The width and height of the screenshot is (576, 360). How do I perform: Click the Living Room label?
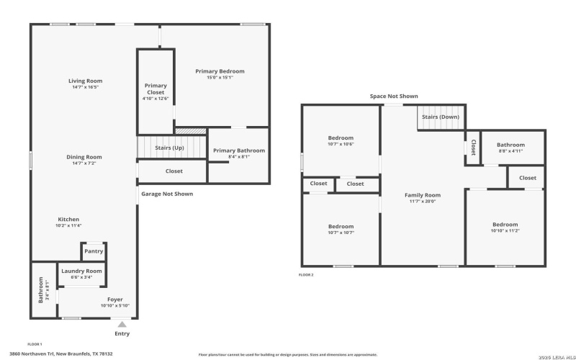click(x=85, y=81)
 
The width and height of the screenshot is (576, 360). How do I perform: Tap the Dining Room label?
click(x=85, y=157)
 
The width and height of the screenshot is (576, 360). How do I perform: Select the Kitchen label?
click(x=69, y=220)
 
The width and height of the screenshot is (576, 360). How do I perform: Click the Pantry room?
click(x=94, y=251)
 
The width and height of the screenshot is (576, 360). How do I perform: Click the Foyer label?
click(x=114, y=299)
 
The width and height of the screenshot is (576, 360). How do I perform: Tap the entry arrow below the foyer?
click(x=122, y=325)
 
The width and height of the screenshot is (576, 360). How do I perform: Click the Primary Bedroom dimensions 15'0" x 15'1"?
click(x=220, y=78)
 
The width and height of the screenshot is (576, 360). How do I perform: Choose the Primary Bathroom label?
click(x=239, y=150)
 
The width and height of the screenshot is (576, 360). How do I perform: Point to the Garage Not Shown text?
click(x=166, y=194)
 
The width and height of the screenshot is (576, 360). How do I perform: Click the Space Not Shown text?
click(x=393, y=96)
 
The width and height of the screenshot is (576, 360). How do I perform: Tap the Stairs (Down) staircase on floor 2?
click(x=440, y=117)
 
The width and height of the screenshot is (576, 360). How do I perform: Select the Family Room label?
click(x=423, y=195)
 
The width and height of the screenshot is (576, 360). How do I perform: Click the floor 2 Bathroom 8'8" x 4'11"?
click(x=510, y=148)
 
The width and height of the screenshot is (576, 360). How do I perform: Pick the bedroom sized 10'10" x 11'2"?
click(x=505, y=227)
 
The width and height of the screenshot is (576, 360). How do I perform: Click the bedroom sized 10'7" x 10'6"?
click(x=341, y=140)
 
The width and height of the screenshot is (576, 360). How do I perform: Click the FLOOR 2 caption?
click(x=307, y=275)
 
